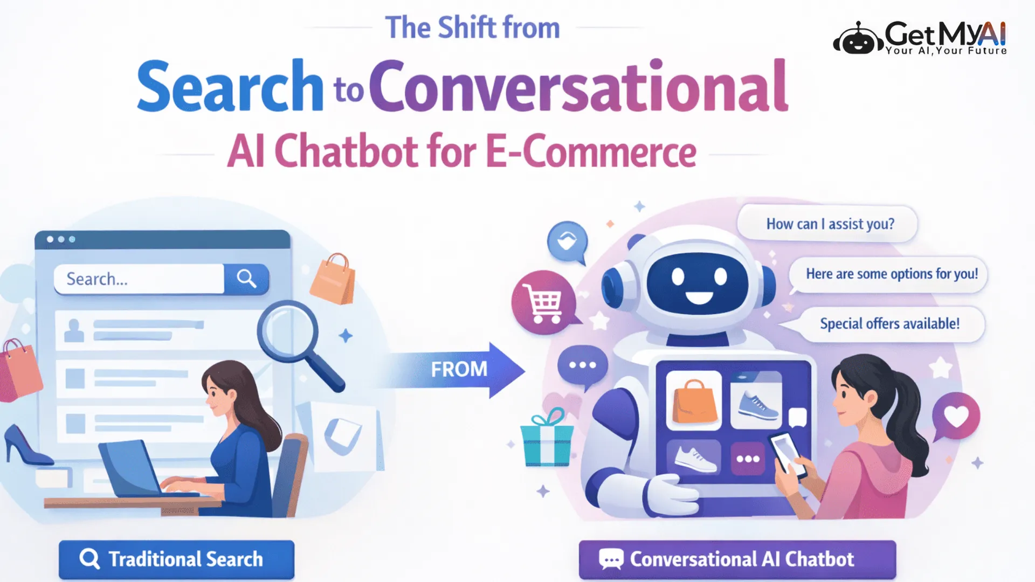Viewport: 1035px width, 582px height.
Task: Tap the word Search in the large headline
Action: [230, 86]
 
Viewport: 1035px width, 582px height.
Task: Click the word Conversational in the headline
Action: [578, 86]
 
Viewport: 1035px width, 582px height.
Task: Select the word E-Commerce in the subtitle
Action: [591, 151]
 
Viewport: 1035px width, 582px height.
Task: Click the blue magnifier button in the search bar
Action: [246, 279]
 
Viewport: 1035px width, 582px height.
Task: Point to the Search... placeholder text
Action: [97, 279]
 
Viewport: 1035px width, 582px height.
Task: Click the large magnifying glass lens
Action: [287, 330]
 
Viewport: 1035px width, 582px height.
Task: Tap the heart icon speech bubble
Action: [955, 417]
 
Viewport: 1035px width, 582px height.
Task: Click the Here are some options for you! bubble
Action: [888, 274]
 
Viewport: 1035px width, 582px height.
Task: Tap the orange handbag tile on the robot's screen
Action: [694, 400]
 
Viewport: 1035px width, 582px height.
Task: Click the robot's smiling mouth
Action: [699, 298]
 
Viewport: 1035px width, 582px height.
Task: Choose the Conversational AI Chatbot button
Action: [737, 560]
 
